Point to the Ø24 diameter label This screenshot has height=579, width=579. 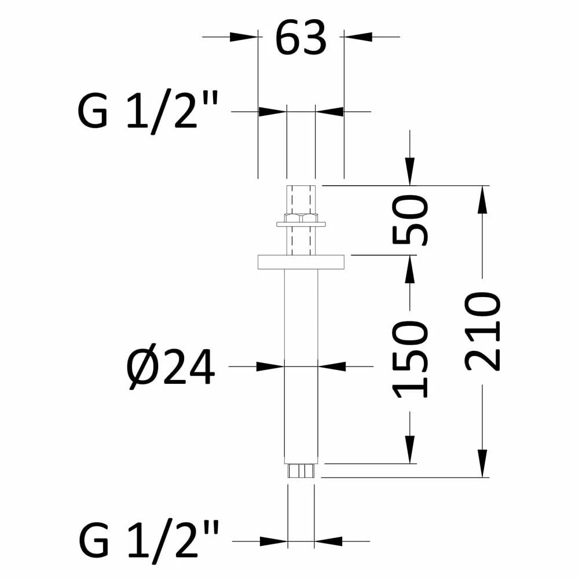(x=170, y=368)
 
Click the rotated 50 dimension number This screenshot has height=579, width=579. (x=411, y=221)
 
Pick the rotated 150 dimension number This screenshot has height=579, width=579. (x=411, y=360)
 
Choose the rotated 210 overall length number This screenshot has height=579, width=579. (x=483, y=331)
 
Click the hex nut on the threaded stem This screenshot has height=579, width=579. (x=301, y=218)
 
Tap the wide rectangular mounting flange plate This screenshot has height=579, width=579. (x=301, y=262)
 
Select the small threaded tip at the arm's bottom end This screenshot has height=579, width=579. (x=301, y=471)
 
